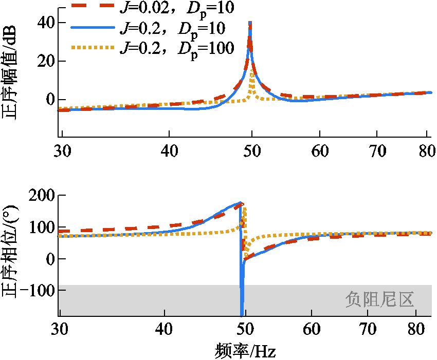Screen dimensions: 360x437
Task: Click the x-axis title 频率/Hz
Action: pyautogui.click(x=246, y=350)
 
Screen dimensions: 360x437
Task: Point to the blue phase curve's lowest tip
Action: pyautogui.click(x=242, y=314)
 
